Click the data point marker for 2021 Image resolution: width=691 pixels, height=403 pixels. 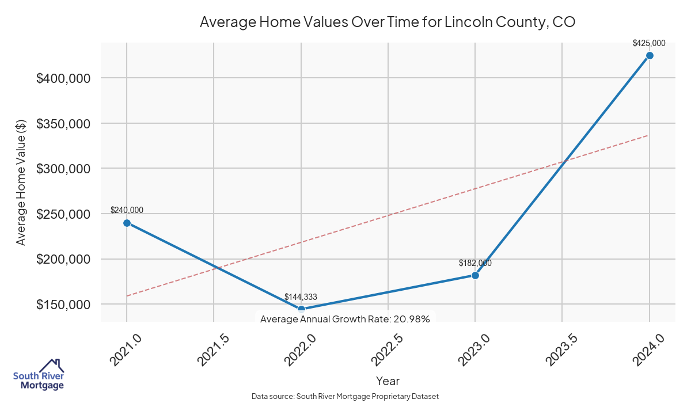coord(127,223)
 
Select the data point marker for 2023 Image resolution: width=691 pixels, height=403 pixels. coord(475,275)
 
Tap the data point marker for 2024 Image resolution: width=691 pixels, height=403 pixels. coord(650,55)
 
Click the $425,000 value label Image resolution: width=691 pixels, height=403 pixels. coord(649,43)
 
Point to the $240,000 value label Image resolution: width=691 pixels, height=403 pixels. coord(127,210)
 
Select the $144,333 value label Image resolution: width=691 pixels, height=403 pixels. coord(301,297)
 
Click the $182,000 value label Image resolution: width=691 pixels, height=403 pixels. coord(475,263)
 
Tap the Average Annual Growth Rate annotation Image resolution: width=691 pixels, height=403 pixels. coord(345,319)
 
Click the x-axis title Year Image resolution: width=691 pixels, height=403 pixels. coord(388,381)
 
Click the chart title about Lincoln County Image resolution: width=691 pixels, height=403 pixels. coord(388,22)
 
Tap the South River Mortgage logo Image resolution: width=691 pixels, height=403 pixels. coord(39,375)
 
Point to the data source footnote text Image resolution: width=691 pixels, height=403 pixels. coord(345,397)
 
